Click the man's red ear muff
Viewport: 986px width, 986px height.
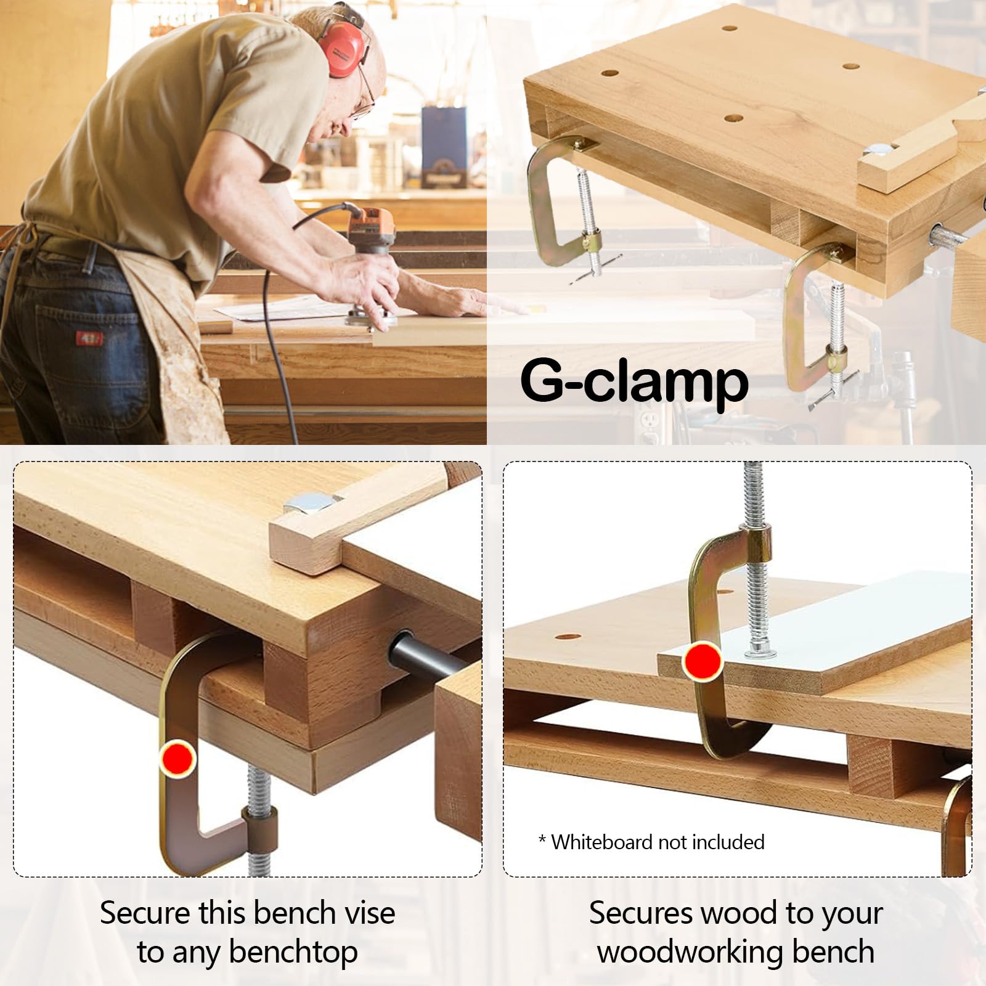[x=344, y=48]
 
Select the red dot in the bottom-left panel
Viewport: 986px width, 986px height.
[x=178, y=759]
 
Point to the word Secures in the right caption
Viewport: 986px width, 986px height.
[x=637, y=913]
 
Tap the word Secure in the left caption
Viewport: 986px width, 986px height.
[x=143, y=913]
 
